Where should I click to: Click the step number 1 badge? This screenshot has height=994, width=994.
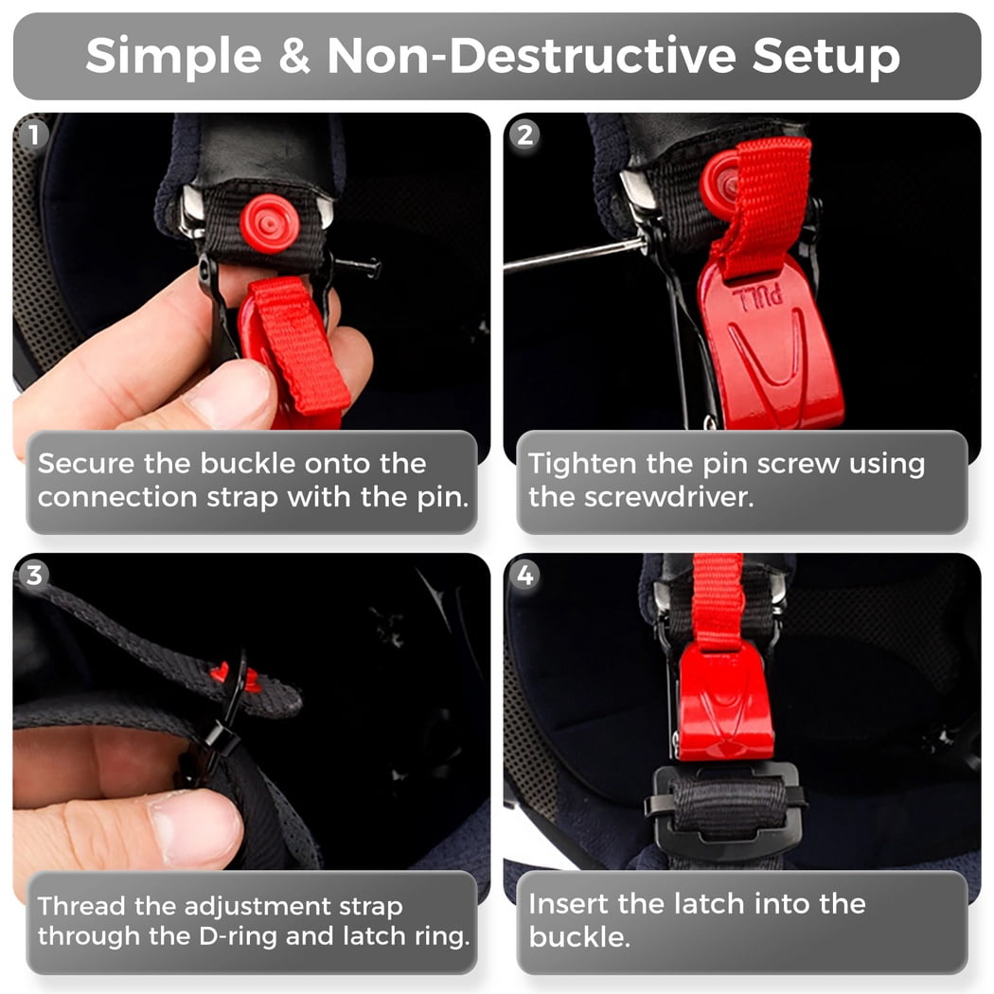click(34, 135)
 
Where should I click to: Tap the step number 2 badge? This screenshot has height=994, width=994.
click(524, 135)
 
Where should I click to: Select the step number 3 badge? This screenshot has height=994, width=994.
click(34, 575)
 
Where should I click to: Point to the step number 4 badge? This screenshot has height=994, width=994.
click(524, 575)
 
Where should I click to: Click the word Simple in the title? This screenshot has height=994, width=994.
click(173, 57)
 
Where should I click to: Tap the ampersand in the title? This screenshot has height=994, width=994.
click(294, 56)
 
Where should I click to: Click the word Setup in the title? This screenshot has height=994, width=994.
click(826, 57)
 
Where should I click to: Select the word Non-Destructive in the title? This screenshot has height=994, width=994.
click(531, 55)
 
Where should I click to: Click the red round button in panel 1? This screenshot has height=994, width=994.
click(270, 223)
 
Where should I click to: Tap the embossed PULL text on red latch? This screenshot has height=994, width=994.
click(757, 296)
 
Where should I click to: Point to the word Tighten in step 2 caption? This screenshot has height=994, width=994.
click(582, 465)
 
